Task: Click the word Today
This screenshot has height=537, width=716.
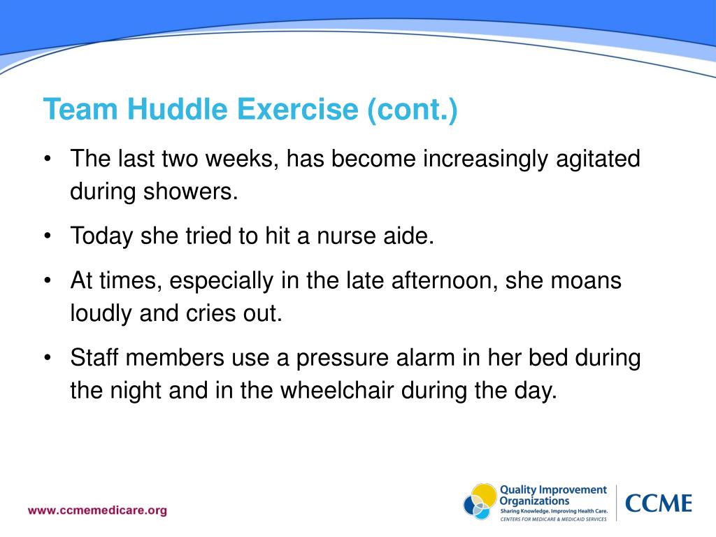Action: pyautogui.click(x=103, y=236)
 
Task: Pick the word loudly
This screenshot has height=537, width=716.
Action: pyautogui.click(x=102, y=313)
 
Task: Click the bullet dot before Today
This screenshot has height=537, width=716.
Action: pyautogui.click(x=47, y=237)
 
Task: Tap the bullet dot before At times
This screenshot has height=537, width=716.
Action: pyautogui.click(x=47, y=282)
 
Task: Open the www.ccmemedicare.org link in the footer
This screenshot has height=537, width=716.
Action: pyautogui.click(x=97, y=510)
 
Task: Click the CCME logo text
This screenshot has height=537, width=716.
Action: pyautogui.click(x=658, y=503)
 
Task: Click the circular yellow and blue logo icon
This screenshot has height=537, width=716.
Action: pyautogui.click(x=480, y=502)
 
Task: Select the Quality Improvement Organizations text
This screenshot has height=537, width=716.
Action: pyautogui.click(x=552, y=495)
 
